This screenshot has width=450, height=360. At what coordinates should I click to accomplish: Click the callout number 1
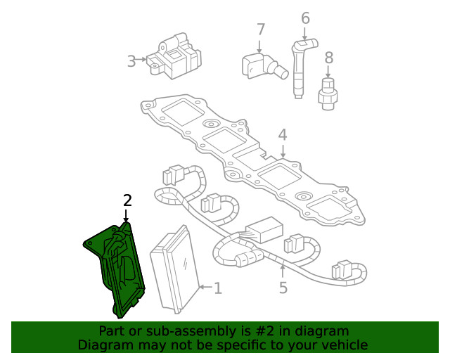[218, 288]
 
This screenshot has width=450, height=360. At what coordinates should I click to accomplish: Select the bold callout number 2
[127, 200]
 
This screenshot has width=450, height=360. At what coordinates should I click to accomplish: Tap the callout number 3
[131, 61]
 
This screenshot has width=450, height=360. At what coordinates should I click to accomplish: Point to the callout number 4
[282, 134]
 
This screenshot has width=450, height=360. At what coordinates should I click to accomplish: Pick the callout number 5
[283, 287]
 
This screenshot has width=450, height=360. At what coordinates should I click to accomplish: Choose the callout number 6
[305, 18]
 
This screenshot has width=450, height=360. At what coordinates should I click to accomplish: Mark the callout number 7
[261, 30]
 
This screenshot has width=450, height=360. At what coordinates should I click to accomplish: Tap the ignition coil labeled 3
[172, 56]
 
